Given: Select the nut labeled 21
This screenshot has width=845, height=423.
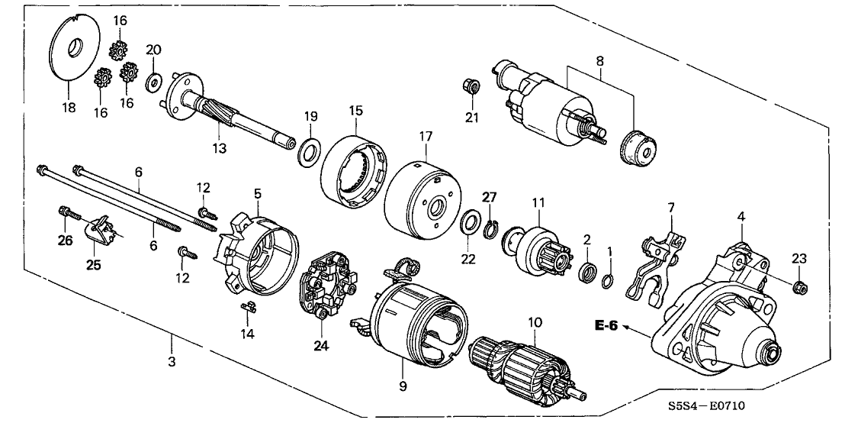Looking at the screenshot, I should click(x=471, y=86).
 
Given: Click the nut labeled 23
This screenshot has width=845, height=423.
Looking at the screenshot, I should click(x=799, y=288).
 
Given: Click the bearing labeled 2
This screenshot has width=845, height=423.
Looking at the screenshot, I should click(x=589, y=271).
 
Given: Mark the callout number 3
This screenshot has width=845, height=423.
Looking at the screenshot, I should click(x=172, y=362).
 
